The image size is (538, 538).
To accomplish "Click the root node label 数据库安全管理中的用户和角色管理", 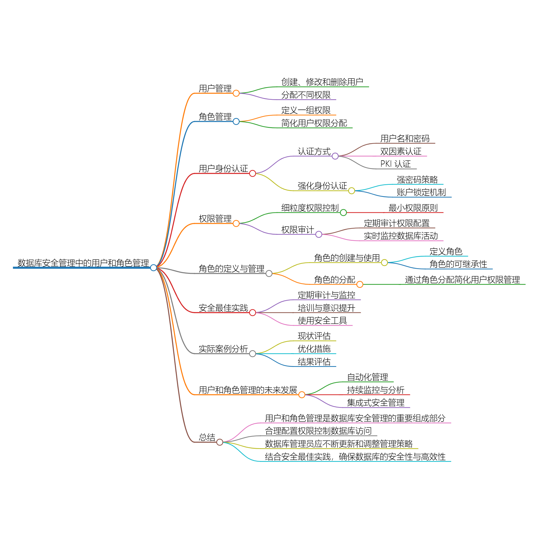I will [x=83, y=263].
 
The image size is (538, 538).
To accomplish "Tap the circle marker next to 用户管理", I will [x=236, y=93].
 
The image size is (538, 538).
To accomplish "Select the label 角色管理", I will [x=215, y=117].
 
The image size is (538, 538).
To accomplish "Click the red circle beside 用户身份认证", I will [x=253, y=174].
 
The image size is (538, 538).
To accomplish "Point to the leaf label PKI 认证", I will [x=395, y=164].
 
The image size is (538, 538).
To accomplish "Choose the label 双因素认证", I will [x=401, y=151].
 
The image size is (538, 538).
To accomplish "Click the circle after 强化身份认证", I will [x=352, y=191].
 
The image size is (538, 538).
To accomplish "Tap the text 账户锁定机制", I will [x=421, y=192].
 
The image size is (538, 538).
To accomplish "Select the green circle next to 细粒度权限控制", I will [x=343, y=213].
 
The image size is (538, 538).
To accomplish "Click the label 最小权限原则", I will [x=413, y=208].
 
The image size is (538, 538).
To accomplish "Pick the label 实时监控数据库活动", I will [x=401, y=236].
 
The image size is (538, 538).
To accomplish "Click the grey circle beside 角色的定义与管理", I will [x=269, y=274].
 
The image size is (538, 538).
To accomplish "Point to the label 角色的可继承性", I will [x=458, y=264].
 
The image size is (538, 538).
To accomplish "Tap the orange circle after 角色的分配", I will [x=360, y=284].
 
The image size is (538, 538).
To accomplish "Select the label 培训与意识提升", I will [x=326, y=308].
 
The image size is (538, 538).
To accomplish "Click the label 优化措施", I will [x=314, y=349].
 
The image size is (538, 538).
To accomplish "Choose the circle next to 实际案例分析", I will [x=253, y=354].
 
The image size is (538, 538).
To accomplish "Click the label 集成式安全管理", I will [x=376, y=403].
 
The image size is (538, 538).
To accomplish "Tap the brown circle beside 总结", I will [x=220, y=442].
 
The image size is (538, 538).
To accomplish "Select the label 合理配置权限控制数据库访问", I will [x=318, y=431].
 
